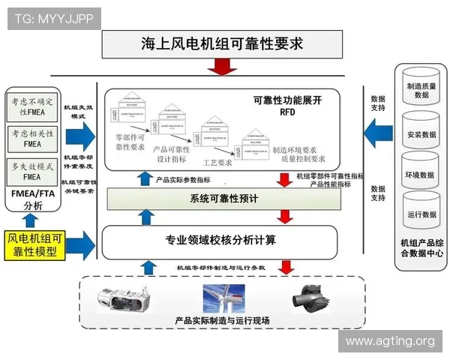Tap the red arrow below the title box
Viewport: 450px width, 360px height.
[x=222, y=67]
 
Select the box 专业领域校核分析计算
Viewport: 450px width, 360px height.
[x=220, y=241]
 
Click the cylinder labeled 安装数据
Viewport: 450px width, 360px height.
[x=421, y=130]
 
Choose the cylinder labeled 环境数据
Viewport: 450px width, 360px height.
[x=421, y=172]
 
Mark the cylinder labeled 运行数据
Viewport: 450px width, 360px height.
[x=421, y=212]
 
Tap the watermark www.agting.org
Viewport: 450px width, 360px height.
[x=390, y=342]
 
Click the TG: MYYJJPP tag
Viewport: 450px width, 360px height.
[x=54, y=19]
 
